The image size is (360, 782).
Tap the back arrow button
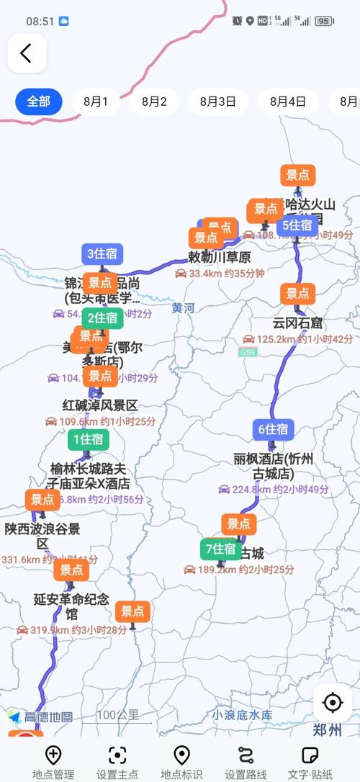click(27, 53)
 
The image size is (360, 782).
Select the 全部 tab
click(38, 102)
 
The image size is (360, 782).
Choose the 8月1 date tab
click(96, 102)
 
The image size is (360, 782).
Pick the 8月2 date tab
click(154, 102)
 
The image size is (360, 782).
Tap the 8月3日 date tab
click(218, 102)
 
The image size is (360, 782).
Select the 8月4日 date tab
click(288, 102)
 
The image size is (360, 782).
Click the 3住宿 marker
click(102, 253)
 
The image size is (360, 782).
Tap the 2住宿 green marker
click(102, 318)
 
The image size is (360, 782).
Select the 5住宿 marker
click(297, 225)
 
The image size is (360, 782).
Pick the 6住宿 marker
click(273, 429)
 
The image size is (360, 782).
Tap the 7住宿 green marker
click(221, 549)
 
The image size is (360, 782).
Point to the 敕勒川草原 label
click(219, 257)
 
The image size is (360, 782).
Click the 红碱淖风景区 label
click(99, 405)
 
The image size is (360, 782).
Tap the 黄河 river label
click(183, 308)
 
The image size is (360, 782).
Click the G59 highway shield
click(248, 352)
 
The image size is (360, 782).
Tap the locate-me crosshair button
click(332, 702)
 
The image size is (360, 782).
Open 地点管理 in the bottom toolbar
click(53, 762)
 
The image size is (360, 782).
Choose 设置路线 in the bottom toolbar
click(246, 762)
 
